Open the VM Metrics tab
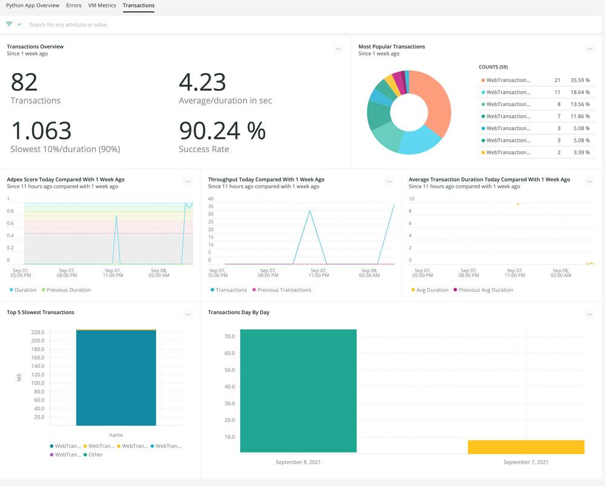[102, 5]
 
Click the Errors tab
[74, 5]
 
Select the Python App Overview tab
[33, 5]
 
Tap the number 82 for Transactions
[24, 82]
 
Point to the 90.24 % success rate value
[222, 131]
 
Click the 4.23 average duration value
[202, 82]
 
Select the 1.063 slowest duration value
[41, 131]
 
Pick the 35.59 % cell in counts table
[580, 80]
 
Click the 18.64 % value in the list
[580, 92]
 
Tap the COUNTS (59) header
[493, 67]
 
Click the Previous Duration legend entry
[68, 290]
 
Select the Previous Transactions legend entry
[284, 290]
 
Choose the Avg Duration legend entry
[433, 290]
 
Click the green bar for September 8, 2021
[298, 390]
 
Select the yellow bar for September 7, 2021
[526, 447]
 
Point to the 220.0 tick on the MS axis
[38, 332]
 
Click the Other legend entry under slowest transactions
[96, 455]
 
